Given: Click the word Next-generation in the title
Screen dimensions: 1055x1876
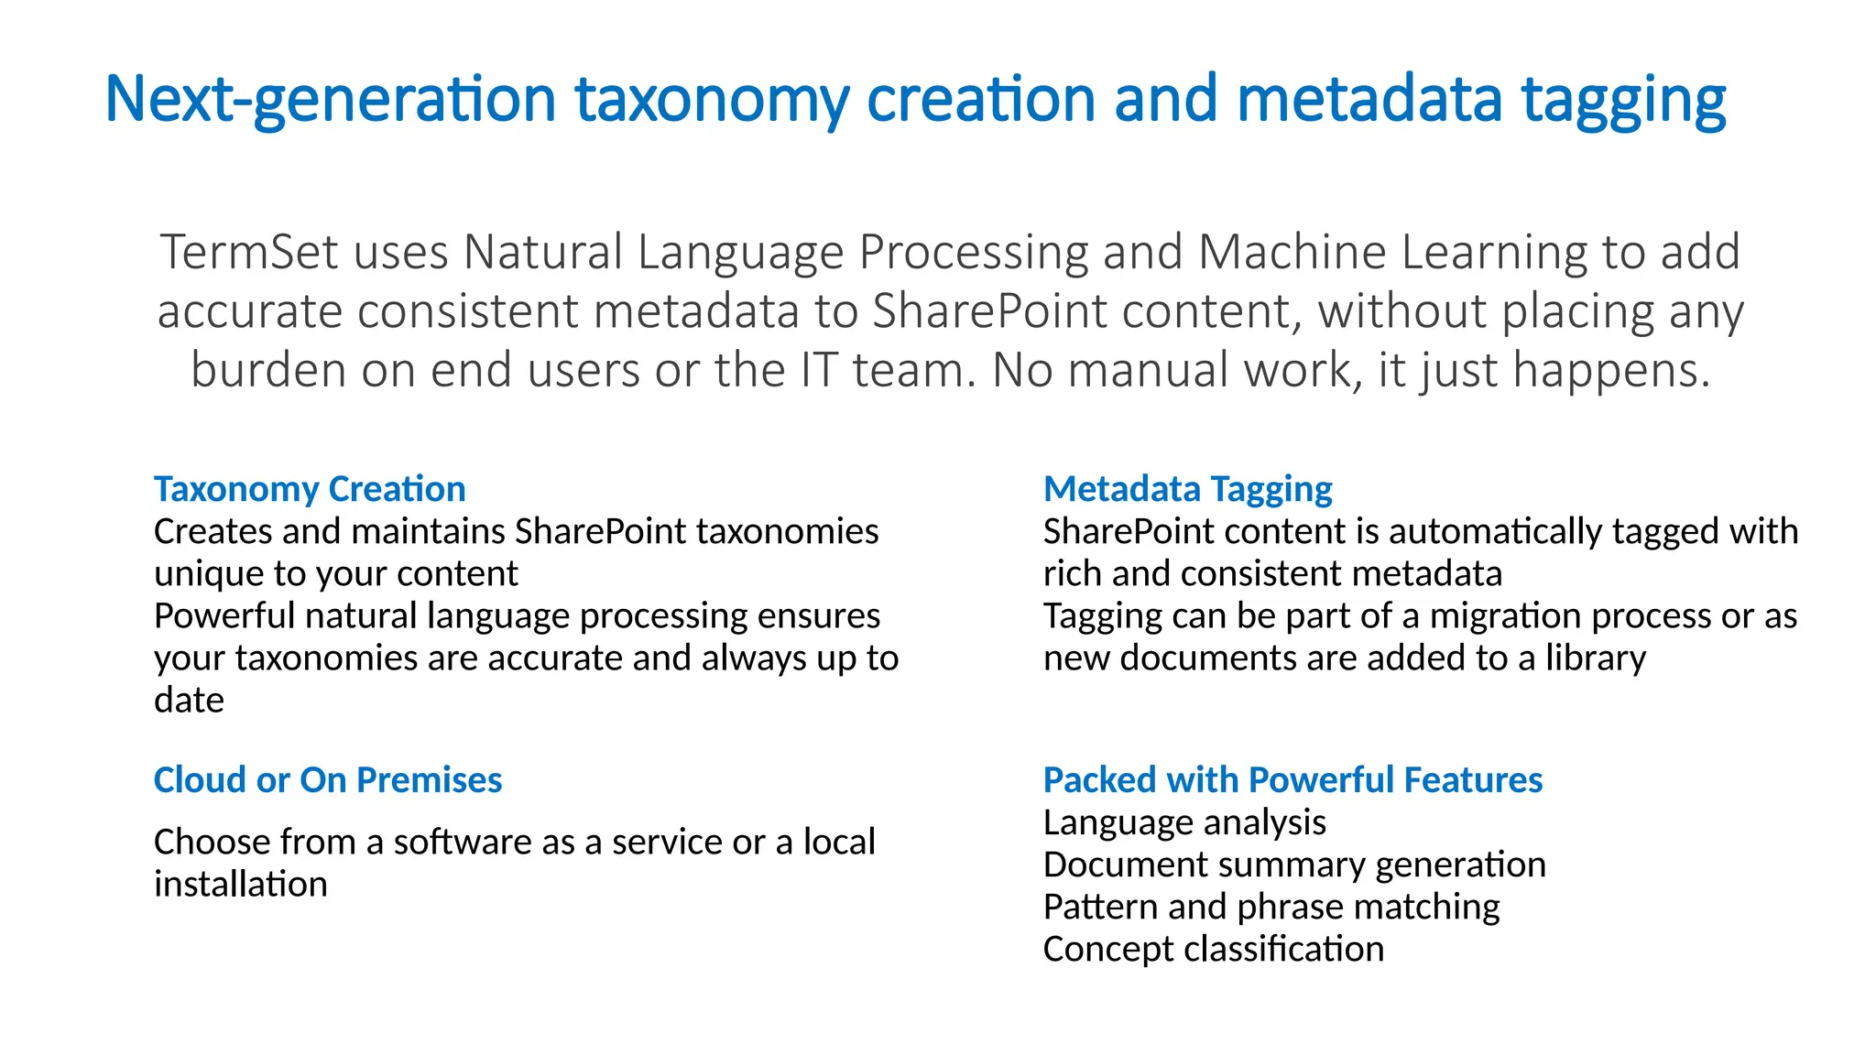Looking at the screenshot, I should tap(331, 99).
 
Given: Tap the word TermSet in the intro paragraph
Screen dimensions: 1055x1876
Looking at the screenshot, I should tap(249, 252).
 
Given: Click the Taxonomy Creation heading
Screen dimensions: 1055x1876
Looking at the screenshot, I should tap(310, 489).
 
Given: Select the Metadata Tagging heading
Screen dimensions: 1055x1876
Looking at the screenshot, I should tap(1187, 489).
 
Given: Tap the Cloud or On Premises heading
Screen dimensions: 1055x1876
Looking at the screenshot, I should tap(328, 780).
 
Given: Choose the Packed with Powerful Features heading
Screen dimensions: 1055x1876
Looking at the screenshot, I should tap(1292, 780).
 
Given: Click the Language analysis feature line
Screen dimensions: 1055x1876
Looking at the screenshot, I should tap(1184, 822).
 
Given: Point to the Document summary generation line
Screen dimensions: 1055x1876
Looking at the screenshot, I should tap(1294, 865).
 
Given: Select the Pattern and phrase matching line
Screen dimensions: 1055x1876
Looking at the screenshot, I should tap(1271, 907).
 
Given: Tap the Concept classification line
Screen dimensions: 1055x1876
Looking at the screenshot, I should tap(1214, 949).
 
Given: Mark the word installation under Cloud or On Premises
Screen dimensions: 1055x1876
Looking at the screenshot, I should tap(240, 885).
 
